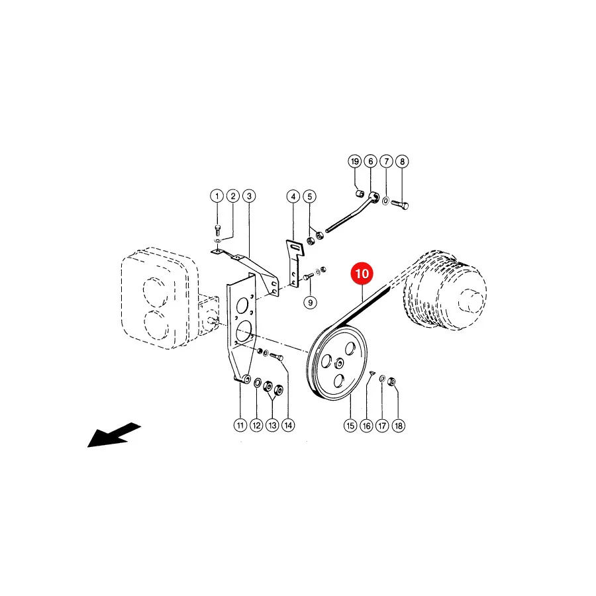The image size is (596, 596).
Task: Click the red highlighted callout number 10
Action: (362, 273)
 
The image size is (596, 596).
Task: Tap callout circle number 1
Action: (217, 196)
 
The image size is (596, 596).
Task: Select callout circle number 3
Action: (249, 196)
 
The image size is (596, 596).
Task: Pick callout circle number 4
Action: (293, 197)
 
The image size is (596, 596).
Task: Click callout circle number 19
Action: (355, 161)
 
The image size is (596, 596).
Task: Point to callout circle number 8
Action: (402, 161)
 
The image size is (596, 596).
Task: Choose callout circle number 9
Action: (310, 303)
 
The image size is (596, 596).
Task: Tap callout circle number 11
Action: (240, 425)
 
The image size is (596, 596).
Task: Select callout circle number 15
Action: (350, 425)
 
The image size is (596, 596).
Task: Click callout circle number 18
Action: (399, 425)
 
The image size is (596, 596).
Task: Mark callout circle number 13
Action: (272, 425)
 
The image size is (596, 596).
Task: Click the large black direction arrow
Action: (113, 436)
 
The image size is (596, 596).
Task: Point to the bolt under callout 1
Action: (217, 230)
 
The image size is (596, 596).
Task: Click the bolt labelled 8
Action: (400, 205)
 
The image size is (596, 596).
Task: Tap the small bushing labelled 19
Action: (360, 194)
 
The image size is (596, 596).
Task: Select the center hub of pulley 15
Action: (338, 364)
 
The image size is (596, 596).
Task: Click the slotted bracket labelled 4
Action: (295, 263)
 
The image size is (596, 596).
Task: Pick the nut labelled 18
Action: (392, 381)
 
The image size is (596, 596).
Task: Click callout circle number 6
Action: (371, 161)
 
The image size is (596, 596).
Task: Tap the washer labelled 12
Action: (257, 382)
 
